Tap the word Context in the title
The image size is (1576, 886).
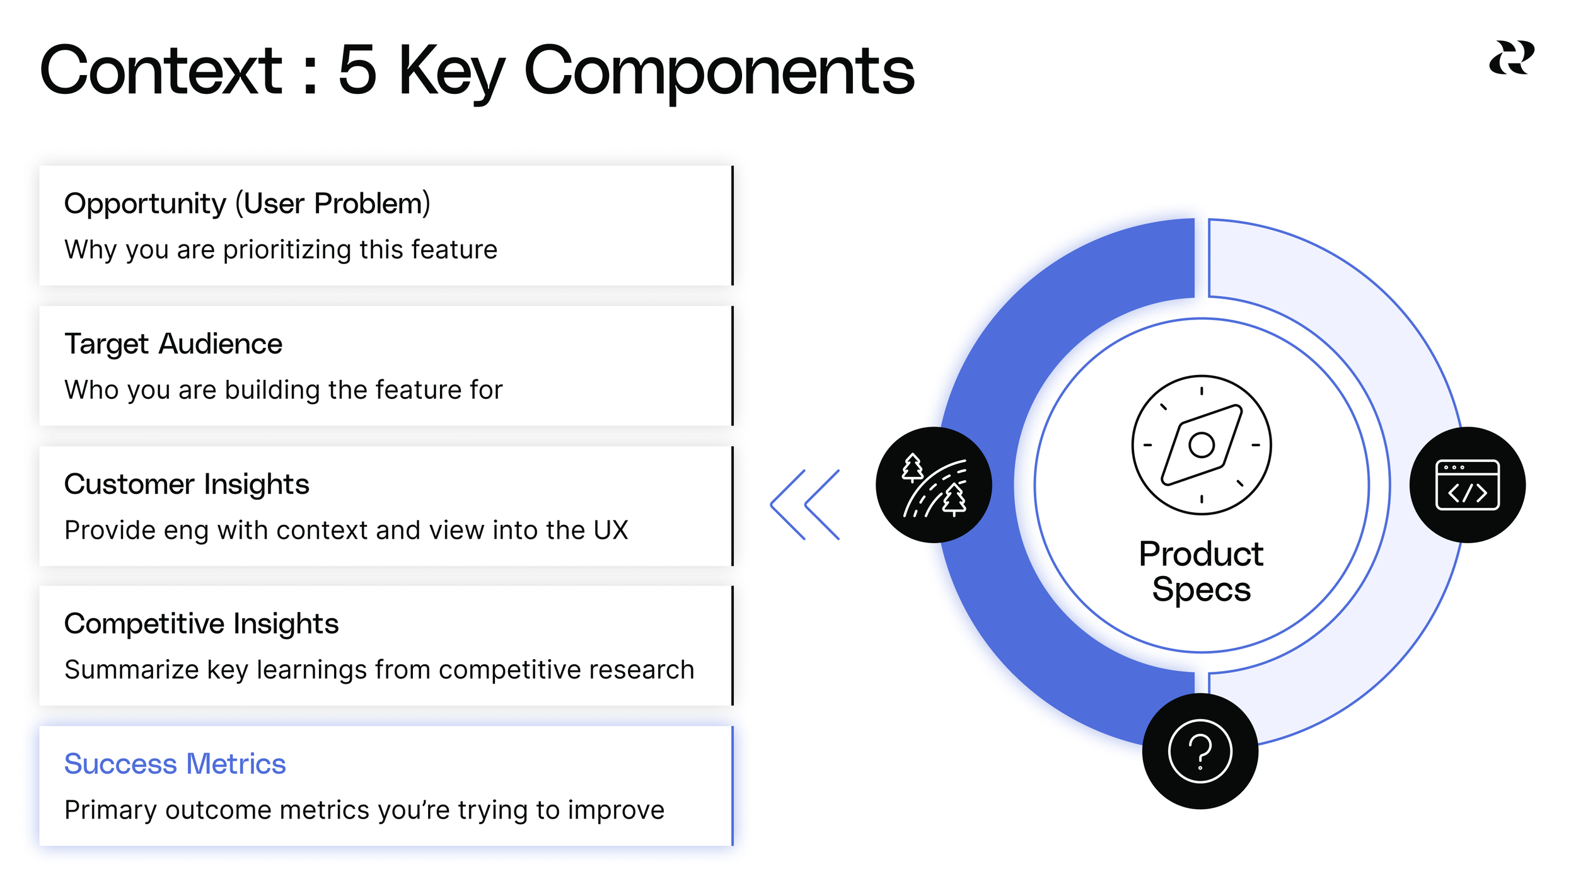pyautogui.click(x=161, y=71)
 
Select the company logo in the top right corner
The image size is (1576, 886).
pyautogui.click(x=1511, y=58)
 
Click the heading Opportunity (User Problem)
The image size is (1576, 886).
pyautogui.click(x=247, y=204)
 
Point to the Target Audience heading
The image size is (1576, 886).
pyautogui.click(x=173, y=344)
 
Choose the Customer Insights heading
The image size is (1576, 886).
pyautogui.click(x=187, y=484)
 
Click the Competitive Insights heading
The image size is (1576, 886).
pyautogui.click(x=201, y=624)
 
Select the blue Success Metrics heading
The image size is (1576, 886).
pyautogui.click(x=175, y=764)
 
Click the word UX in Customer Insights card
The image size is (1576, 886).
pyautogui.click(x=610, y=530)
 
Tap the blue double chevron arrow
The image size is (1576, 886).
pyautogui.click(x=805, y=504)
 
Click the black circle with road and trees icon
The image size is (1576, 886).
pyautogui.click(x=934, y=485)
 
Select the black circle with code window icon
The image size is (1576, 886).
pyautogui.click(x=1467, y=485)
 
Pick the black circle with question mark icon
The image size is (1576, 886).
pyautogui.click(x=1200, y=751)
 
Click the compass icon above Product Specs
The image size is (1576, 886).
pyautogui.click(x=1201, y=445)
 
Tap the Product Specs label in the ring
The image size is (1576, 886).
pyautogui.click(x=1201, y=571)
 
